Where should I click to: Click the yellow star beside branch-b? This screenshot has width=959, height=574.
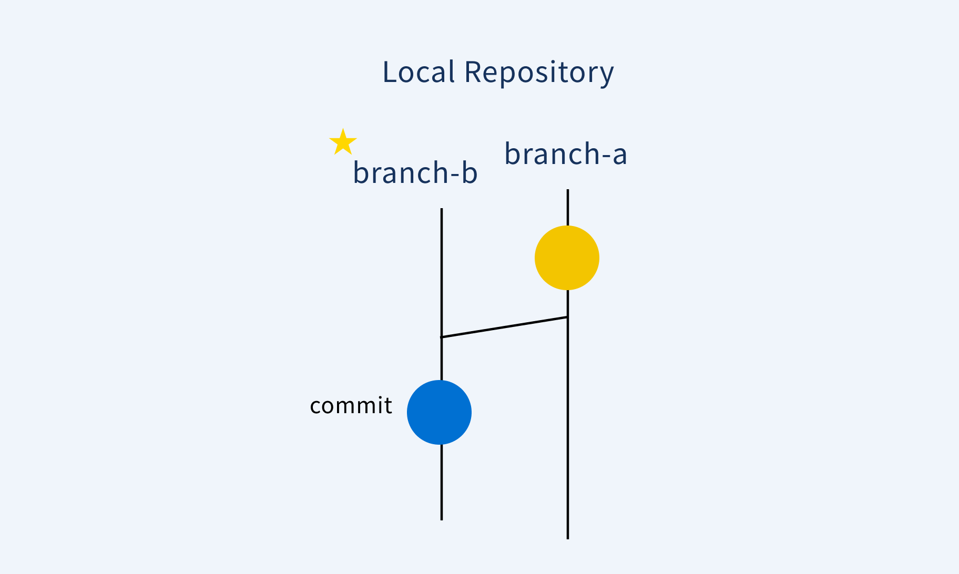tap(343, 142)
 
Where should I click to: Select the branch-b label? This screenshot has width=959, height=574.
tap(415, 172)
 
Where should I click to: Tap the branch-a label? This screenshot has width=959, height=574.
tap(566, 154)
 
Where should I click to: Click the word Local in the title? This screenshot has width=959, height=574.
tap(418, 72)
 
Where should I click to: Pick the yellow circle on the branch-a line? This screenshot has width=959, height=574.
tap(567, 258)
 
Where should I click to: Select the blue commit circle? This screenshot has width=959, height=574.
tap(439, 412)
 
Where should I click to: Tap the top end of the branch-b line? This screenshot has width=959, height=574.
tap(442, 210)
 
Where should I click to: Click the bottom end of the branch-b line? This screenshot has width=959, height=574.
tap(442, 519)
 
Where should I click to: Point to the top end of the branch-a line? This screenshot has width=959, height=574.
tap(568, 191)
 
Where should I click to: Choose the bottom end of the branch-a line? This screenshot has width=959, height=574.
tap(568, 538)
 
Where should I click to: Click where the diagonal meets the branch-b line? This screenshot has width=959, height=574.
tap(442, 337)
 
